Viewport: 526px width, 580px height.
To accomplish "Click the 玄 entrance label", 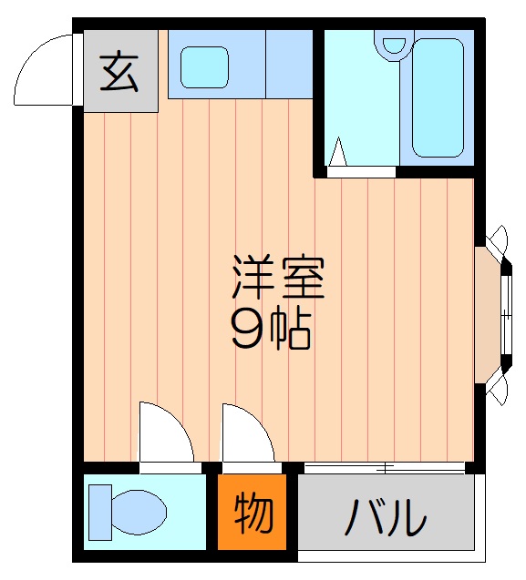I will click(120, 71).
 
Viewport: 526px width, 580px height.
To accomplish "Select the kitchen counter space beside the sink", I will click(289, 64).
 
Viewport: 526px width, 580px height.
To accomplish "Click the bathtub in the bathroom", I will click(438, 97).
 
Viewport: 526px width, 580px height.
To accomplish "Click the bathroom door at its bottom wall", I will click(361, 169).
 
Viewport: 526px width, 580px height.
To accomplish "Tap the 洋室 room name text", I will click(277, 279).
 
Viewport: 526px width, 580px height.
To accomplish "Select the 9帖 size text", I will click(271, 331).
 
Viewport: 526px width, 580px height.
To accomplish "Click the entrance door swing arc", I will click(44, 71).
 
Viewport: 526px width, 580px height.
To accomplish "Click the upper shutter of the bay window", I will click(499, 241).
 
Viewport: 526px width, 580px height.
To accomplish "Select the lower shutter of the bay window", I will click(499, 390).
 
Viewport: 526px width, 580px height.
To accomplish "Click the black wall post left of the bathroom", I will click(318, 100).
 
